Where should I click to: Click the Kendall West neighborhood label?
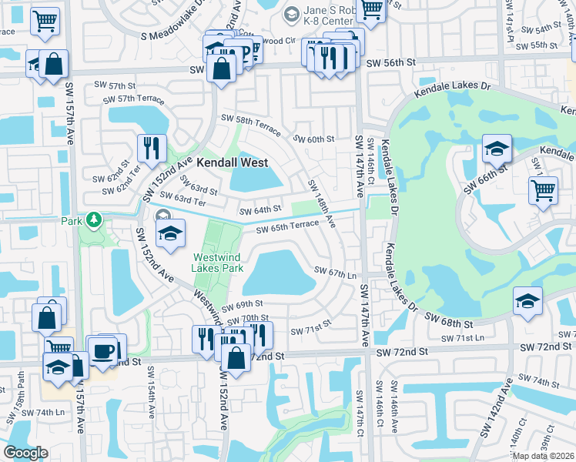coord(232,162)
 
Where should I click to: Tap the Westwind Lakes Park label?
coord(219,262)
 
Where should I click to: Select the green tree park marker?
coord(94,221)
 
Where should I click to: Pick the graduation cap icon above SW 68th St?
coord(527,300)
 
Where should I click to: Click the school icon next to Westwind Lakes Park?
coord(170,233)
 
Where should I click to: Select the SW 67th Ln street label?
coord(338,271)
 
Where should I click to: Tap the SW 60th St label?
coord(315,139)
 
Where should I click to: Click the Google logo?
coord(25,453)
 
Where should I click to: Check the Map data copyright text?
coord(543,456)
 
